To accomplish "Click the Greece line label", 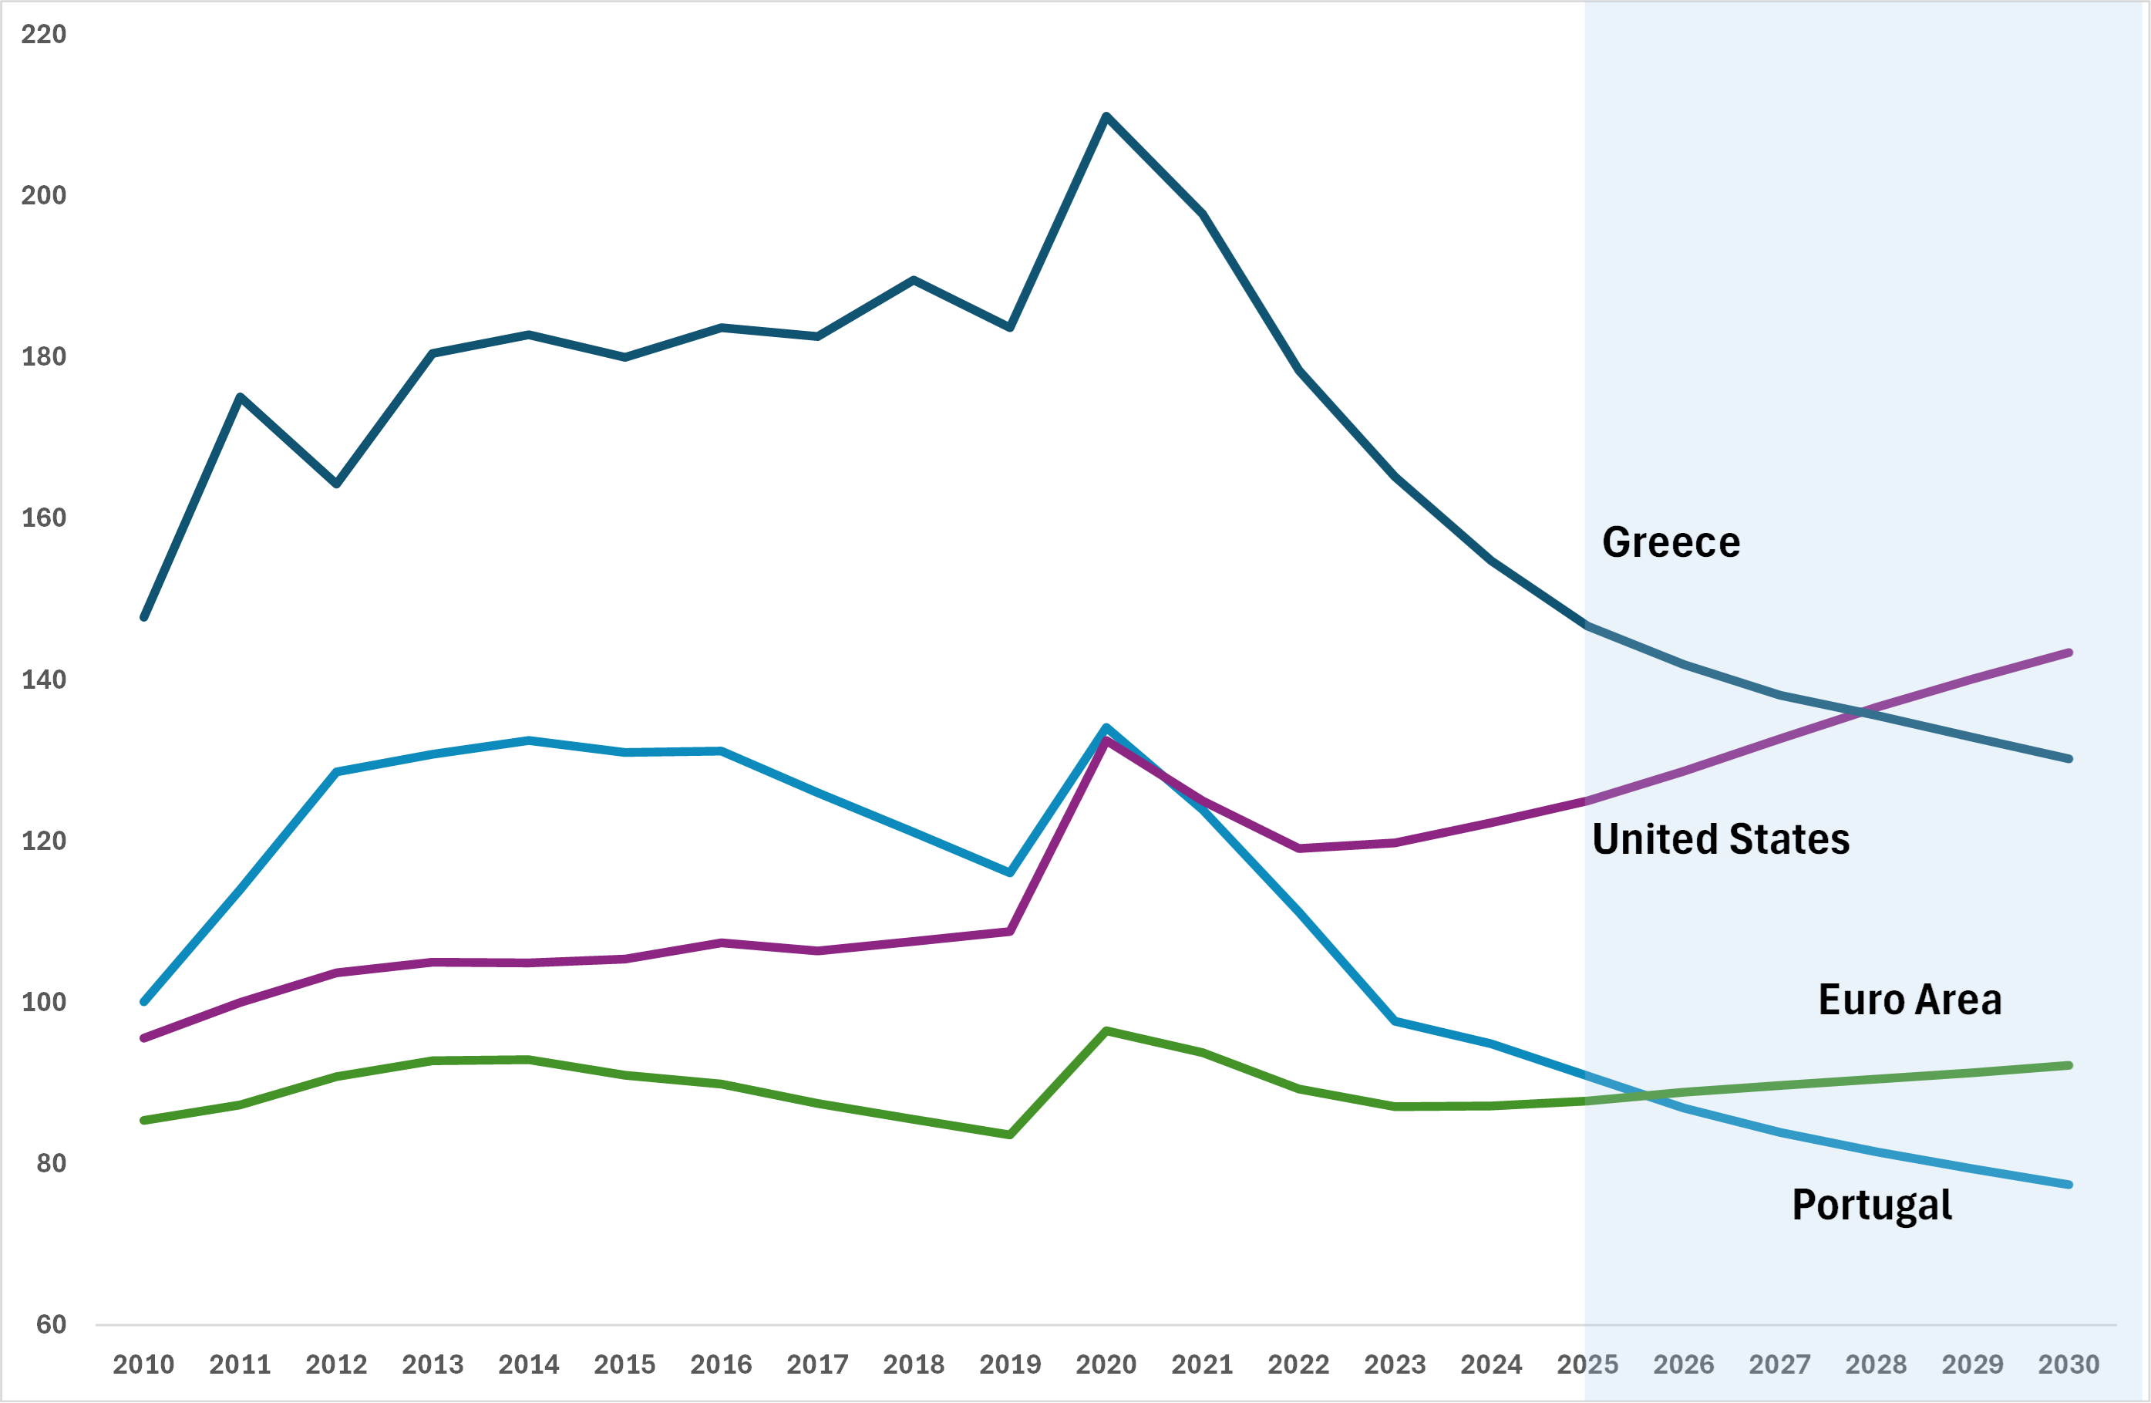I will [1670, 542].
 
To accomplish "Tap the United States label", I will [1721, 839].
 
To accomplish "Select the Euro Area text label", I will [1910, 1000].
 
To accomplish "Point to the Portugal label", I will [1872, 1205].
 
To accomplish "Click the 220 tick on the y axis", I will [43, 35].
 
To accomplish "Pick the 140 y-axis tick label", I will [43, 680].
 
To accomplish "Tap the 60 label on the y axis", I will [51, 1324].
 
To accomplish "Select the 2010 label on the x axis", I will [143, 1364].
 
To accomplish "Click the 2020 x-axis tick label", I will [1106, 1364].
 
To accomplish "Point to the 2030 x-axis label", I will [2069, 1364].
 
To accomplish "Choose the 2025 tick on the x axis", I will [1587, 1364].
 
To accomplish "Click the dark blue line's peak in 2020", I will [1106, 116].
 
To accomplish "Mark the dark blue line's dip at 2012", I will [336, 484].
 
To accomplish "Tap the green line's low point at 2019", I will [1009, 1135].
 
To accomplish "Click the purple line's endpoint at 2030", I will [2069, 653].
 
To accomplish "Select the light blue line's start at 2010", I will [143, 1002].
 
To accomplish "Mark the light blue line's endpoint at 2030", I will [2069, 1184].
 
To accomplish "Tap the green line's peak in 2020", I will [1106, 1030].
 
